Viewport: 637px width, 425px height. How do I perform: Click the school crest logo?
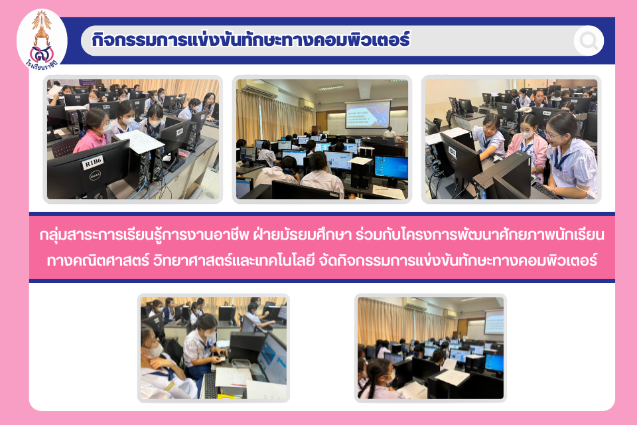point(42,40)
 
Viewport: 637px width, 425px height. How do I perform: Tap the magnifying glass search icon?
point(589,41)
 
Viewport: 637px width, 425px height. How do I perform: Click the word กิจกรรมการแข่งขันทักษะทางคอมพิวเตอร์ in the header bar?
point(251,40)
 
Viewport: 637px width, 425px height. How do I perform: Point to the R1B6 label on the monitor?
point(93,163)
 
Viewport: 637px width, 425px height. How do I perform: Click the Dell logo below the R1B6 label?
point(95,175)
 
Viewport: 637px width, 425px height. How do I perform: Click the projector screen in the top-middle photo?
point(368,114)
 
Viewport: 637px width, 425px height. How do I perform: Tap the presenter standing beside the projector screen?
point(389,133)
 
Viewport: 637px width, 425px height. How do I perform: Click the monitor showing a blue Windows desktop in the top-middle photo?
point(391,167)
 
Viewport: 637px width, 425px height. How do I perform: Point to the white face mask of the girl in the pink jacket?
point(527,134)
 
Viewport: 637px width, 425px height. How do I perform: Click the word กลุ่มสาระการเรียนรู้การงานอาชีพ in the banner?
point(144,236)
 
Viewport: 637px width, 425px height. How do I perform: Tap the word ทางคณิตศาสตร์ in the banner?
point(98,260)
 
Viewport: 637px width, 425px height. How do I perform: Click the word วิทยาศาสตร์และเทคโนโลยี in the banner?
point(234,260)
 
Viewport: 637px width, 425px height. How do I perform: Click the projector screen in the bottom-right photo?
point(494,321)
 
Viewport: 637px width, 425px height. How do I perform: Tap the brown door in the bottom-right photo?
point(462,328)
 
